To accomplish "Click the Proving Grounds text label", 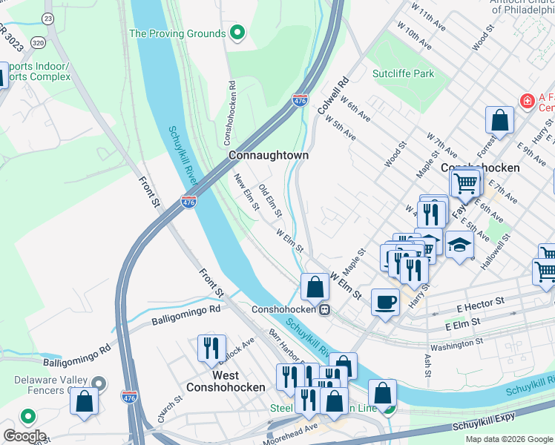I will point(177,33).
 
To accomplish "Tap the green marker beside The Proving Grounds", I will point(237,33).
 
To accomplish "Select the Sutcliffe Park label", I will point(404,73).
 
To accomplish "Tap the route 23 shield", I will point(48,17).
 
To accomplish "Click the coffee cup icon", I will point(384,302).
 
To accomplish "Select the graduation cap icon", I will point(459,245).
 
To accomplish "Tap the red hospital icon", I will point(527,100).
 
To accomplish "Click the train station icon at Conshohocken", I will point(324,310).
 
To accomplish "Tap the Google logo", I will point(24,436).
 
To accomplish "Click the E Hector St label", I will point(481,302).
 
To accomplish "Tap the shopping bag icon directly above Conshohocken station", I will point(315,286).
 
